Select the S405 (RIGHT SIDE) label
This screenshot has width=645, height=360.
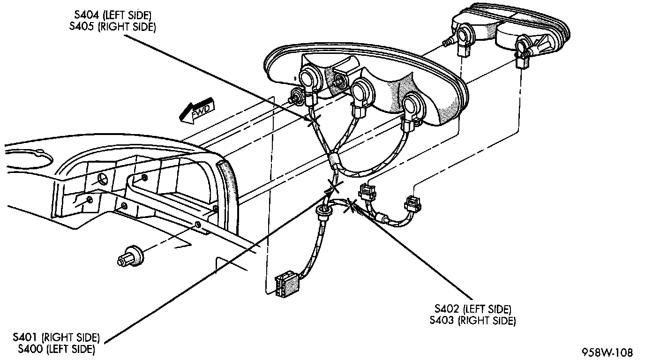pyautogui.click(x=112, y=27)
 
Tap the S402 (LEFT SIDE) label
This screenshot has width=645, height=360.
pyautogui.click(x=472, y=309)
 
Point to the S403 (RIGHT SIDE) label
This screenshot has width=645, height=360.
pyautogui.click(x=472, y=321)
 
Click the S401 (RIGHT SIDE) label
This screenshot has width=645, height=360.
pyautogui.click(x=56, y=337)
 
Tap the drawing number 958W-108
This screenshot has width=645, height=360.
pyautogui.click(x=607, y=352)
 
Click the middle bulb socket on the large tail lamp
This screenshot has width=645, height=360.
pyautogui.click(x=361, y=90)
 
